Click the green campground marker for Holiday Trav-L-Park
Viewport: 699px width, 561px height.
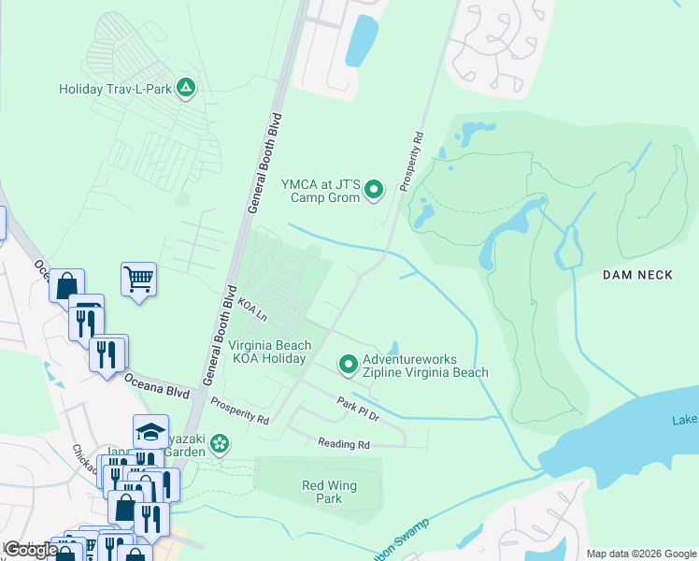(x=186, y=89)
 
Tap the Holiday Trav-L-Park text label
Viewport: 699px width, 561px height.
(x=116, y=90)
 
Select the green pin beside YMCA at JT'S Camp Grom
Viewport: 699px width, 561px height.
(x=374, y=191)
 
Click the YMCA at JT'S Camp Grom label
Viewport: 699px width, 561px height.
(x=321, y=192)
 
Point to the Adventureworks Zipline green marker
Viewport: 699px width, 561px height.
(x=349, y=365)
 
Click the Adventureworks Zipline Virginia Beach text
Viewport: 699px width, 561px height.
(x=425, y=366)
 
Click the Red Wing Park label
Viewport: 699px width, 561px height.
(x=321, y=492)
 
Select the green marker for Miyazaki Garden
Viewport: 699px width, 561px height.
(x=221, y=442)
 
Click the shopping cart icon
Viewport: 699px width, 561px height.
(x=138, y=278)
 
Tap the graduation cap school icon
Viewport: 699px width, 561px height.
(x=150, y=431)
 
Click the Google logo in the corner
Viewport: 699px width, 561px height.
(x=30, y=549)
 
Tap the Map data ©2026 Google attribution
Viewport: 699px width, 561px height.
(x=641, y=554)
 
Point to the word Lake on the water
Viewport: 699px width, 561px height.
(x=684, y=421)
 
